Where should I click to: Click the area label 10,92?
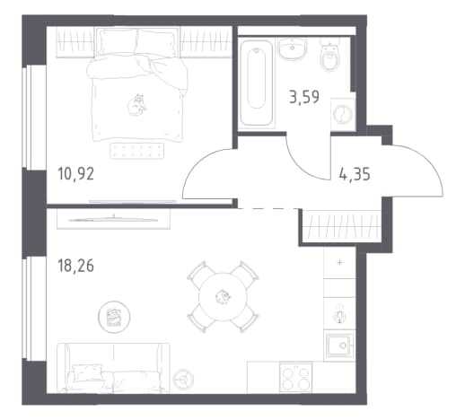(x=76, y=174)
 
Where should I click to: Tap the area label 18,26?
(x=76, y=266)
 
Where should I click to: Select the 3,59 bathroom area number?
(x=304, y=97)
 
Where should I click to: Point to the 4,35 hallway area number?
(x=355, y=174)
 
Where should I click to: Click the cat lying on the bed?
(x=137, y=105)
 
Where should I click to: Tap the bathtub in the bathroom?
(x=257, y=83)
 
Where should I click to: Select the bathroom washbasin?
(x=294, y=48)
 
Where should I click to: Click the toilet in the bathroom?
(x=329, y=55)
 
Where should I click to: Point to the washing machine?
(x=343, y=114)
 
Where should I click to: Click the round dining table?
(x=224, y=296)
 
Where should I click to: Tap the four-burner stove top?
(x=295, y=378)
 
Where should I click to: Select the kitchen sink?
(x=339, y=346)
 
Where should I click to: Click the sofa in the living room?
(x=113, y=368)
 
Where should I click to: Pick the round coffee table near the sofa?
(x=114, y=317)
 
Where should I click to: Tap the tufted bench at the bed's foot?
(x=137, y=151)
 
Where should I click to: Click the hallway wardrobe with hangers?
(x=341, y=226)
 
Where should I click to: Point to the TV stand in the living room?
(x=113, y=219)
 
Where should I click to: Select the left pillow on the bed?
(x=118, y=42)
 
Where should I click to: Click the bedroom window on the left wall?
(x=34, y=118)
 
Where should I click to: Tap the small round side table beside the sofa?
(x=183, y=380)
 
